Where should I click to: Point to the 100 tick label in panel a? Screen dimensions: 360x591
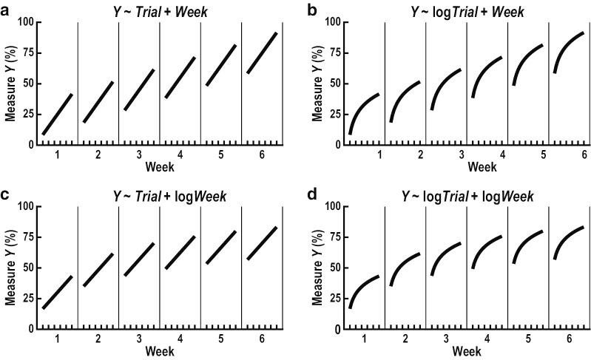26,22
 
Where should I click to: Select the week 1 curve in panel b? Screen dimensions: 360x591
362,107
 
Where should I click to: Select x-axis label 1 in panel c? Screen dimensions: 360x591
57,339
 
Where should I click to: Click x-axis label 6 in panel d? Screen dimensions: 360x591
569,339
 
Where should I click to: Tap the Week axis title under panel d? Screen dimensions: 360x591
466,351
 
